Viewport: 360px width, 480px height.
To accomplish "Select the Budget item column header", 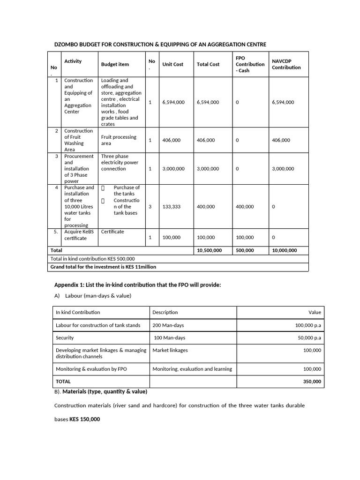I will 115,64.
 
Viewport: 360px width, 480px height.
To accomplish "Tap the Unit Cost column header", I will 172,64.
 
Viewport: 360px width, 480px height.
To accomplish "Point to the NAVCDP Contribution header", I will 286,64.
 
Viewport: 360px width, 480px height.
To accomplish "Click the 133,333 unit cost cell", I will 171,207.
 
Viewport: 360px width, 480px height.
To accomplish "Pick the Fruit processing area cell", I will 119,140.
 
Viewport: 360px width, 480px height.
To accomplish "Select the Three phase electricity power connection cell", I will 120,163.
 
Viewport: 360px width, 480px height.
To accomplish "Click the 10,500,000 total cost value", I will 209,250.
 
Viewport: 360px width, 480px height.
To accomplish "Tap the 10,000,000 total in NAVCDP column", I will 284,250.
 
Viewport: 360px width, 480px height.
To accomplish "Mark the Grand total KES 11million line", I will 103,267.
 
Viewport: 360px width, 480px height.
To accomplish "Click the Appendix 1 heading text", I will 137,285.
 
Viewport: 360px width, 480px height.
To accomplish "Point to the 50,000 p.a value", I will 309,338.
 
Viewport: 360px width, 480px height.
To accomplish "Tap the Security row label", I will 65,338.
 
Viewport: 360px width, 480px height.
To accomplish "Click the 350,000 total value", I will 312,382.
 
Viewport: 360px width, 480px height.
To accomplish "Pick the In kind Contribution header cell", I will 78,312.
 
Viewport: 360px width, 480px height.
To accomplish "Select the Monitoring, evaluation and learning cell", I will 192,369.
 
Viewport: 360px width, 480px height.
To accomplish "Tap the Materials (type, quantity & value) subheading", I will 105,391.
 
